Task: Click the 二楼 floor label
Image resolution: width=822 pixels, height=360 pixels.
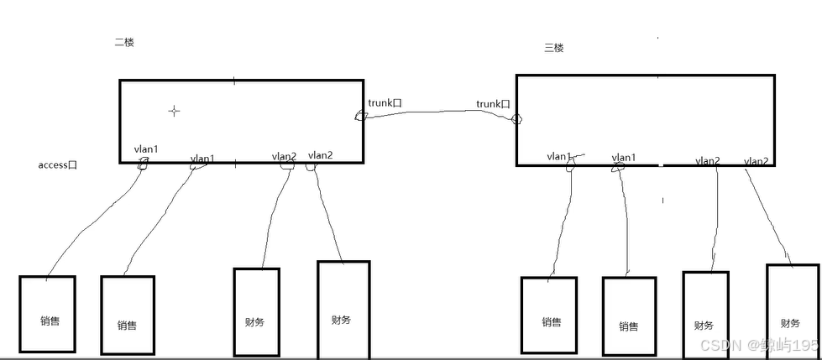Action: click(123, 43)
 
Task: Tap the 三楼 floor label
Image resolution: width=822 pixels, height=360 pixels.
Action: click(554, 48)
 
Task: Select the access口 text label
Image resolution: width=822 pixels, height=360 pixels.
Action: click(58, 165)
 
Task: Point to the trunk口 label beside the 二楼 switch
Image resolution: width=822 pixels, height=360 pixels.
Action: click(385, 103)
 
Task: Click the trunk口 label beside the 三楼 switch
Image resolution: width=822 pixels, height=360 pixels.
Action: click(494, 104)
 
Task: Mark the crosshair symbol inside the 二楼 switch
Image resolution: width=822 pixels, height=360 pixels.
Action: click(174, 111)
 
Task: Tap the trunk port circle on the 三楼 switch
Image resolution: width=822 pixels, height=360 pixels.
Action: click(516, 119)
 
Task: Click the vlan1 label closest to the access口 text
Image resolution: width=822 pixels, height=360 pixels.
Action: click(146, 149)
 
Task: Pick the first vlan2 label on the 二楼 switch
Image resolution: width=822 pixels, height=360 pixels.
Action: click(284, 156)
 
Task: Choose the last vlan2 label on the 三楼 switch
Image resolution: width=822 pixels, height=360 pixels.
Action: click(756, 161)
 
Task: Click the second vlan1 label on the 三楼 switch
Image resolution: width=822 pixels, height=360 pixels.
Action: click(624, 157)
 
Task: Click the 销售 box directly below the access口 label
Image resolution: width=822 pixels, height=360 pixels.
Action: click(47, 314)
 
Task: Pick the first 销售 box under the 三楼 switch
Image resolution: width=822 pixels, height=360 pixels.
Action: click(550, 315)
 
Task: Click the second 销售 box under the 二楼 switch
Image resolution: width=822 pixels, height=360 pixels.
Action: click(128, 315)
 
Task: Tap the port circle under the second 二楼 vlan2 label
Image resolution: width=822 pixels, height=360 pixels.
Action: click(311, 166)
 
